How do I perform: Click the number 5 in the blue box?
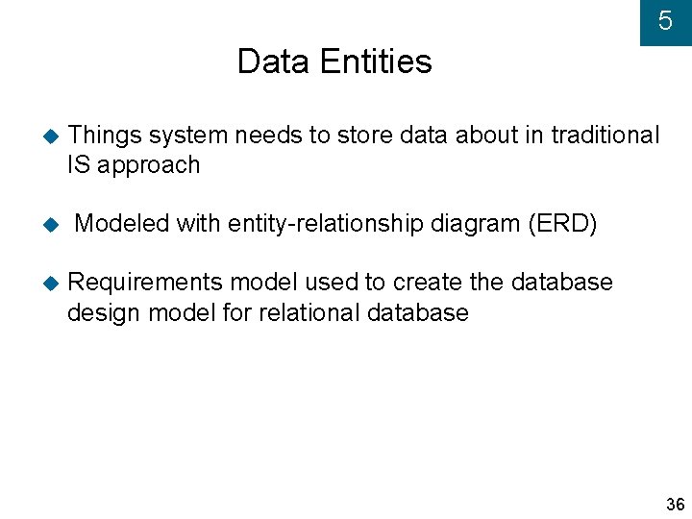tap(665, 21)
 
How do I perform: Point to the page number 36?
tap(675, 505)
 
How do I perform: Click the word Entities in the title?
tap(376, 62)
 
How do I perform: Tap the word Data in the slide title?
tap(274, 62)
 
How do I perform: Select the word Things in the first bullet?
tap(104, 136)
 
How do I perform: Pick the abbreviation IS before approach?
tap(78, 164)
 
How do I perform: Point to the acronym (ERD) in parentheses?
tap(562, 224)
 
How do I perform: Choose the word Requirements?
tap(146, 283)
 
